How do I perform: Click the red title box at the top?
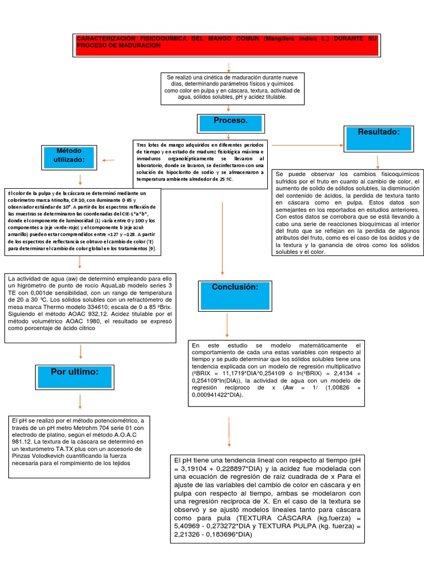coord(226,45)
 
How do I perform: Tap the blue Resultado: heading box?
coord(378,137)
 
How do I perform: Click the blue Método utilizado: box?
coord(70,156)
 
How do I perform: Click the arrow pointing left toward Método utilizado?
coord(108,161)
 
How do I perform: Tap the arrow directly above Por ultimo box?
coord(81,352)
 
